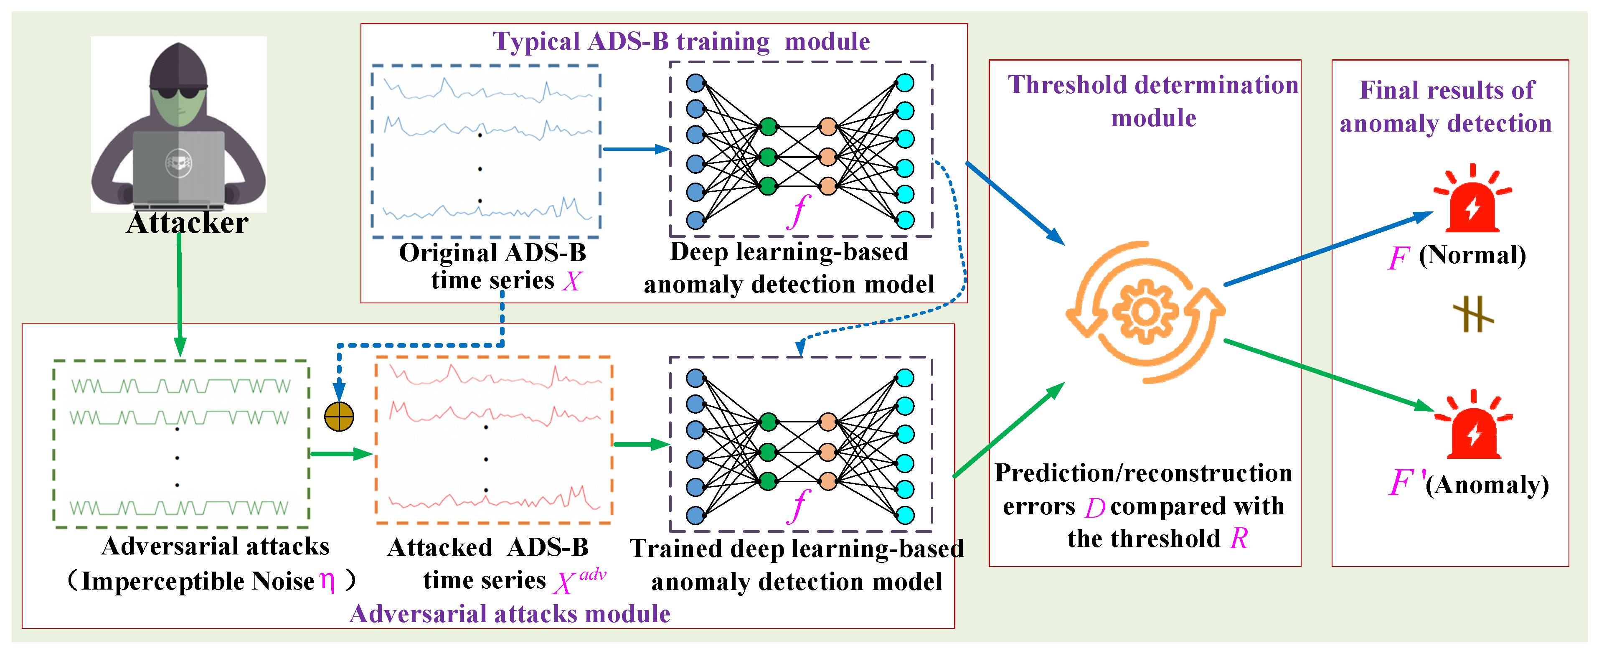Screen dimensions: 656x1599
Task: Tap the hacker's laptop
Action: point(179,168)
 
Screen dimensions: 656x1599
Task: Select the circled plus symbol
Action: point(339,417)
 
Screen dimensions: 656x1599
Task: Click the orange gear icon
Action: point(1145,312)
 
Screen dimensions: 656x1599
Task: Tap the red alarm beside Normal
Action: point(1472,202)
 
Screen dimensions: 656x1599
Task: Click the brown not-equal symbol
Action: point(1472,314)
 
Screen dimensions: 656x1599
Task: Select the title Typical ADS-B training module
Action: point(681,42)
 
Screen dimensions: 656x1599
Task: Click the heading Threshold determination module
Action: point(1153,101)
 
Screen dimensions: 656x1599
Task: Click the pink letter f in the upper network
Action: point(799,211)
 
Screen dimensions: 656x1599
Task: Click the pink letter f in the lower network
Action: point(799,506)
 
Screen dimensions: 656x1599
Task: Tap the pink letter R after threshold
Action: point(1239,538)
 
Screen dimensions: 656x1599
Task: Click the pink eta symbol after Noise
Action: point(327,582)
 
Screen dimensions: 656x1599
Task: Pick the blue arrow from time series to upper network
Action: point(636,149)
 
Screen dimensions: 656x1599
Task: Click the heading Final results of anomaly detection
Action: point(1446,107)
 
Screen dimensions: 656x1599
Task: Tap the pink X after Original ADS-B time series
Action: point(572,281)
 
